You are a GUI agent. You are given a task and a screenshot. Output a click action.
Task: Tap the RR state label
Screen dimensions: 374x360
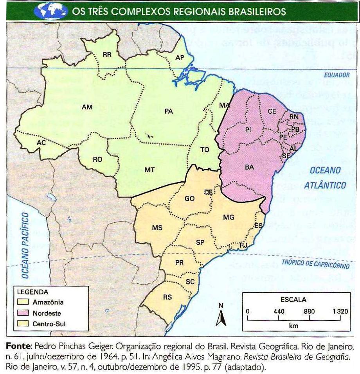pyautogui.click(x=107, y=55)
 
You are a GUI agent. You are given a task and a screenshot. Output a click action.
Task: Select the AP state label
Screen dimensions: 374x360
pyautogui.click(x=180, y=58)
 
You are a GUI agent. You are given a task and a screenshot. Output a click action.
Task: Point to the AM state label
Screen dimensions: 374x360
pyautogui.click(x=87, y=107)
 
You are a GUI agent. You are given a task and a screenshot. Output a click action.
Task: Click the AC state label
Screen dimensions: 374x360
pyautogui.click(x=41, y=143)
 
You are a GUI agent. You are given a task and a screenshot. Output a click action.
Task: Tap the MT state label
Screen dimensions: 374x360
pyautogui.click(x=149, y=170)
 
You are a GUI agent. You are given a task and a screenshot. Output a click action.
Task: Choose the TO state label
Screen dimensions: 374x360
pyautogui.click(x=205, y=150)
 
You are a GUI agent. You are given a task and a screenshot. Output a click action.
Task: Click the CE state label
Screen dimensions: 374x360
pyautogui.click(x=272, y=111)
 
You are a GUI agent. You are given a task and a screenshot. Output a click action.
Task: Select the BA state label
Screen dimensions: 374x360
pyautogui.click(x=249, y=167)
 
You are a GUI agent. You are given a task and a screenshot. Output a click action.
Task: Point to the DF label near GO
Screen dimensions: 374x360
pyautogui.click(x=209, y=192)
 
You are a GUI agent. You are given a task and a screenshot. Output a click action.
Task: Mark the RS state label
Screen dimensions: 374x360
pyautogui.click(x=167, y=297)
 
